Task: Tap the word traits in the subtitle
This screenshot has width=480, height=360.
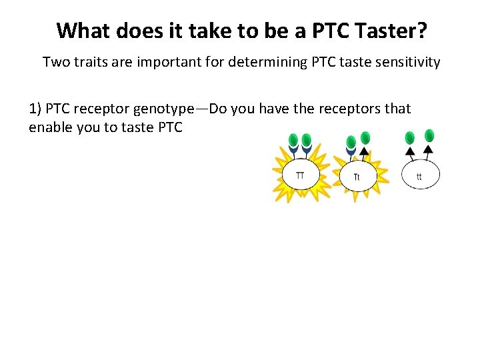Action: pos(91,63)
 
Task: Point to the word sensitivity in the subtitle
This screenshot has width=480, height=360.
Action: pos(404,63)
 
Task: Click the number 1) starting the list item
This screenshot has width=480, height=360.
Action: pos(35,109)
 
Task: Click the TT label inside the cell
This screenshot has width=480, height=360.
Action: pos(300,175)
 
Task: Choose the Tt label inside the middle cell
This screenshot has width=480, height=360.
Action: pos(357,177)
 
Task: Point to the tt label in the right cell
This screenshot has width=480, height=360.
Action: pos(419,177)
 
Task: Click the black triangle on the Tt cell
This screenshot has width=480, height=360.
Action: pos(364,151)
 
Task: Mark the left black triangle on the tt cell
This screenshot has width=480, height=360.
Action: pos(410,151)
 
